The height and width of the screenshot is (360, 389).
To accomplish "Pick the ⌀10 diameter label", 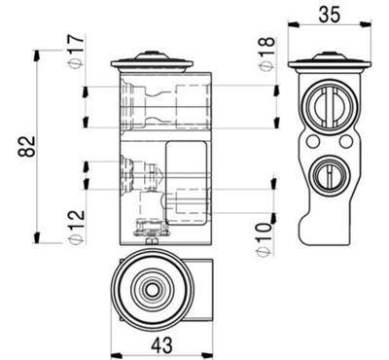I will click(265, 238).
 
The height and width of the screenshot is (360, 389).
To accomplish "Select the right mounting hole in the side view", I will click(345, 142).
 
